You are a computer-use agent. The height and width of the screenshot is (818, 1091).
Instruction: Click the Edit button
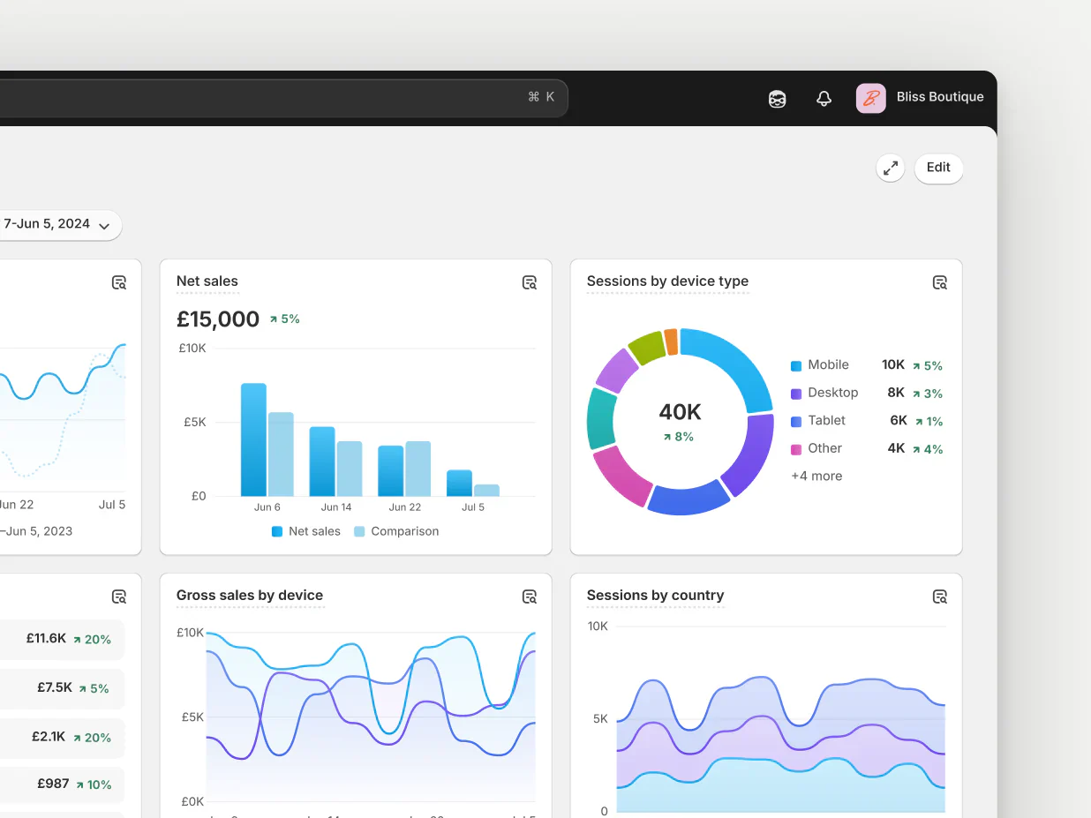point(938,168)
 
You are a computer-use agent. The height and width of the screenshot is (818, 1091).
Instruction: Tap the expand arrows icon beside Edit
point(891,168)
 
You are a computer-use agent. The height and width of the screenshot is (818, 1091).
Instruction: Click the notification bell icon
point(824,99)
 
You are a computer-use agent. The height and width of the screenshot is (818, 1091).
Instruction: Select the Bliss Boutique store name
point(940,97)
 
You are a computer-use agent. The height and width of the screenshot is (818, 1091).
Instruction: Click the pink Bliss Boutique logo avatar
point(870,98)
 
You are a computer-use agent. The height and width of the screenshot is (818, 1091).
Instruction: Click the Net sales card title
point(207,281)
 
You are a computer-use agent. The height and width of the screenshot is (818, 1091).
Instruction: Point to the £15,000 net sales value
point(218,319)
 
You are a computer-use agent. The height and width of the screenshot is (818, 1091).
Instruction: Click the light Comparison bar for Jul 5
point(486,490)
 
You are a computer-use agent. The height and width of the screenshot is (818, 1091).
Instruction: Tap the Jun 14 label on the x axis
point(336,507)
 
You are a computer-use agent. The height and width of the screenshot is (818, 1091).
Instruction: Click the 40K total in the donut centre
point(680,412)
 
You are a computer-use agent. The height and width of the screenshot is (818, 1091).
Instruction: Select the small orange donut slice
point(672,341)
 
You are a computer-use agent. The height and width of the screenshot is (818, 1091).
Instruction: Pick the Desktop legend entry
point(832,393)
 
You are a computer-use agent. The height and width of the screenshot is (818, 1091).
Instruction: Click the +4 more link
point(816,477)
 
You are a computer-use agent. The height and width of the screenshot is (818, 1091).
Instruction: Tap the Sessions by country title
point(655,596)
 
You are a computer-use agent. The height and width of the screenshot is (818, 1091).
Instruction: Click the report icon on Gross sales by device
point(530,597)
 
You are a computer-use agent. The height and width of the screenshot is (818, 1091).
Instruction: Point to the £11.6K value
point(46,638)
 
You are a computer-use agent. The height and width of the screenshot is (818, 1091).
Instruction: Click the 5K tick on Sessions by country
point(599,719)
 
